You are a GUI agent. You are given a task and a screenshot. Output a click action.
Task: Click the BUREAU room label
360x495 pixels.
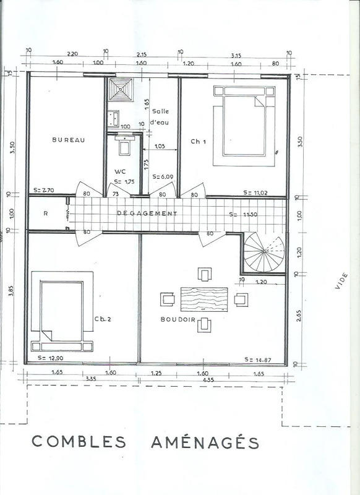click(68, 140)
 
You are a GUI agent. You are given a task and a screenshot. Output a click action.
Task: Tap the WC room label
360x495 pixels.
click(120, 171)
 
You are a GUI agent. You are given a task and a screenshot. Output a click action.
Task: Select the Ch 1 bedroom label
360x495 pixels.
click(198, 142)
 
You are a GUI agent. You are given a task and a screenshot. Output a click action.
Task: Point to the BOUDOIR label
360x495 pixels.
click(177, 320)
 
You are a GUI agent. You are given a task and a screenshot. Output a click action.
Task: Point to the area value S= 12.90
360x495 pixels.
click(47, 359)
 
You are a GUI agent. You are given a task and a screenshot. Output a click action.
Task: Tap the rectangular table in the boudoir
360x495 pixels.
click(204, 300)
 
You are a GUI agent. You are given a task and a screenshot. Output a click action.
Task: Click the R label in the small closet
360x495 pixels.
click(46, 214)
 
